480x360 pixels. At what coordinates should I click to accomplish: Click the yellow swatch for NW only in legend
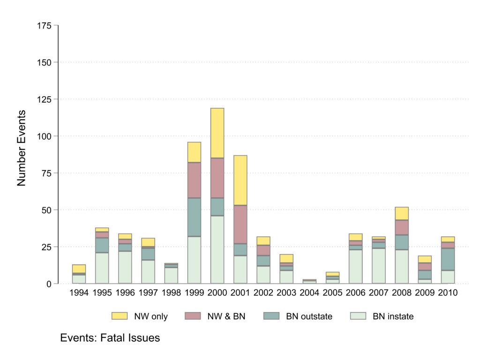click(x=119, y=316)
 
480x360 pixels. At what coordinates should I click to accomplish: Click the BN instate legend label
click(x=393, y=316)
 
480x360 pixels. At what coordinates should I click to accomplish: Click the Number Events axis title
click(x=22, y=148)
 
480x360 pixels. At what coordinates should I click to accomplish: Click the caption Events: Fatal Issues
click(x=110, y=337)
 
